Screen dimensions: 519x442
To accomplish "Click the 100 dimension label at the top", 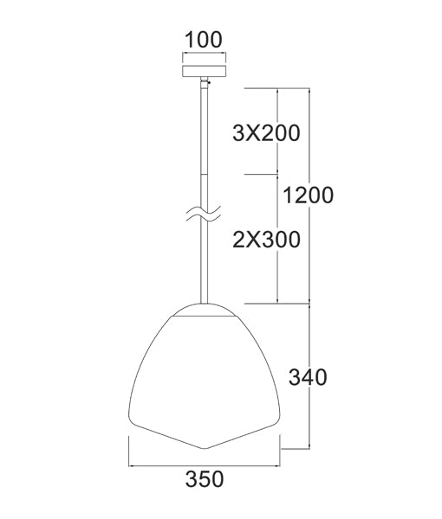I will pos(204,39).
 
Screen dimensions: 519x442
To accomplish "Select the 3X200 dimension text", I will pos(266,133).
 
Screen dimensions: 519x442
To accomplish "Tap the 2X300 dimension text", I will pos(266,240).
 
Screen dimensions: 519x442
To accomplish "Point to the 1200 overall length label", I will pos(308,195).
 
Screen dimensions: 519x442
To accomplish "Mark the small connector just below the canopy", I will pos(206,83).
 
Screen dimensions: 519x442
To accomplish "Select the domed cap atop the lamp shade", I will pos(205,309).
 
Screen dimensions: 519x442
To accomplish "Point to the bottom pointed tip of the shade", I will pos(205,449).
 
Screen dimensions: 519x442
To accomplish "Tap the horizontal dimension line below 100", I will pos(204,54).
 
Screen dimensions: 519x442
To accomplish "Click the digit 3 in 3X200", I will pos(239,133).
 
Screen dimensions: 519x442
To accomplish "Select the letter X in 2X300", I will pos(256,240).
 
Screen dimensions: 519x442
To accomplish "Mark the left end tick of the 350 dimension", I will pos(129,452).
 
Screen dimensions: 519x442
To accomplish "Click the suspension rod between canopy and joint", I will pos(205,130).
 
